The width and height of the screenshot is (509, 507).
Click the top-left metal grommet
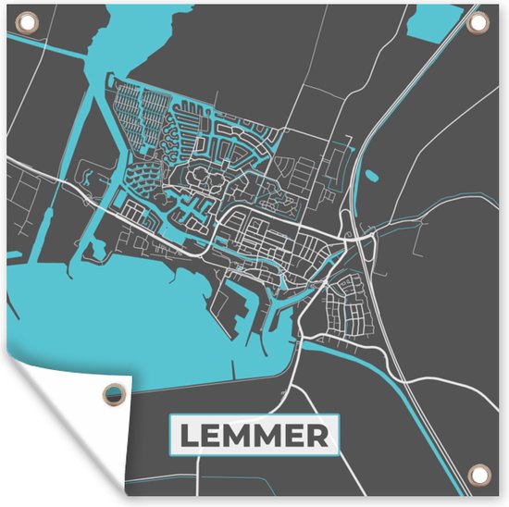click(x=25, y=25)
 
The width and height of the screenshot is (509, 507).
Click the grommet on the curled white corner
click(x=114, y=392)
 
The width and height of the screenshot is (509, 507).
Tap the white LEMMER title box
click(x=254, y=435)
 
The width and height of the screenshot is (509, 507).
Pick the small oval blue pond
click(x=372, y=175)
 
